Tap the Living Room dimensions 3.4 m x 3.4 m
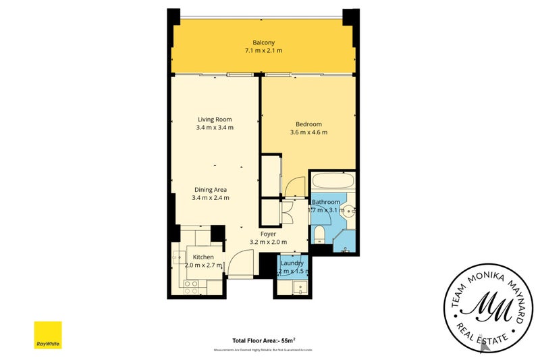(x=214, y=128)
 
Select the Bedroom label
(x=308, y=124)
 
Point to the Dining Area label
(x=211, y=189)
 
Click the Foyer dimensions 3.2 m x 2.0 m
(x=268, y=242)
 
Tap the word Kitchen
(x=203, y=257)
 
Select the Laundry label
(x=292, y=263)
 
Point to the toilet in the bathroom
(x=320, y=234)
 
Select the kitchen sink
(x=179, y=257)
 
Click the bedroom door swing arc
(x=295, y=186)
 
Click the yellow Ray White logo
(x=48, y=335)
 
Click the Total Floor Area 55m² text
(x=269, y=341)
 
